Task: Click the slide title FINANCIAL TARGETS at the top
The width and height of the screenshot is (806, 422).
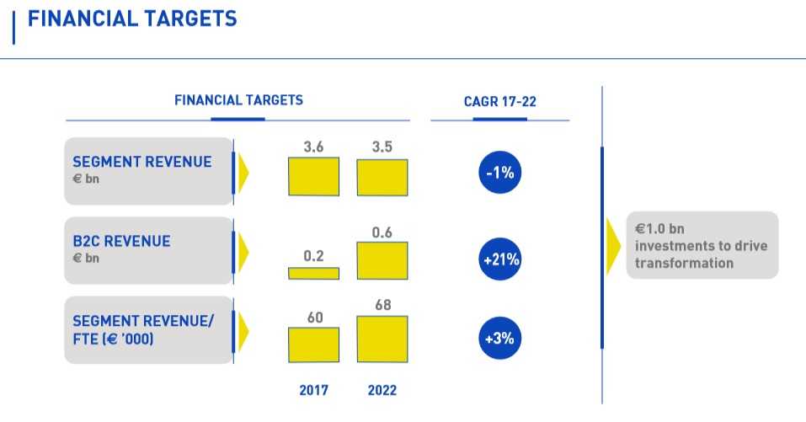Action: [x=132, y=19]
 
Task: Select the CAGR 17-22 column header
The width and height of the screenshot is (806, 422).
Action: [x=499, y=102]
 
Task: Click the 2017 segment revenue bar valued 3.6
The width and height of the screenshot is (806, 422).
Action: [x=313, y=177]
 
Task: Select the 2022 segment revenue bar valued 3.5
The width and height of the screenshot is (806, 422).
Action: [x=382, y=178]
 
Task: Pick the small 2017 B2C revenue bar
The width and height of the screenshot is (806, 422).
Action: [x=313, y=273]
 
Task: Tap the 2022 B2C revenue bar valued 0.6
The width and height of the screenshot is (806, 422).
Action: [x=382, y=260]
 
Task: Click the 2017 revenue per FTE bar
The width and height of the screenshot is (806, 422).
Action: [x=313, y=345]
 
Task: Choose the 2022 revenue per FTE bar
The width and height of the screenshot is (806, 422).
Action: [x=382, y=339]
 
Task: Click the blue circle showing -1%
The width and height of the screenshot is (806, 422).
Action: [x=500, y=174]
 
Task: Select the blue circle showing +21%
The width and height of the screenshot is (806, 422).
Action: [x=500, y=260]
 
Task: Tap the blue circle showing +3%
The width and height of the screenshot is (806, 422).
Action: [x=500, y=339]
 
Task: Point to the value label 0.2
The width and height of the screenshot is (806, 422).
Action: [x=313, y=256]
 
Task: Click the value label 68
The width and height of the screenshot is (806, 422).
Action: [x=382, y=304]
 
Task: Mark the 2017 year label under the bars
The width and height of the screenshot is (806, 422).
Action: [x=313, y=391]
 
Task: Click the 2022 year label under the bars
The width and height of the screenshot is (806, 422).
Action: [x=382, y=391]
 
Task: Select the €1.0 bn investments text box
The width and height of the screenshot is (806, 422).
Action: [x=702, y=245]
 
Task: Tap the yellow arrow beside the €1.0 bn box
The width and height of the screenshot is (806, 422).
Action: [x=615, y=245]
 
